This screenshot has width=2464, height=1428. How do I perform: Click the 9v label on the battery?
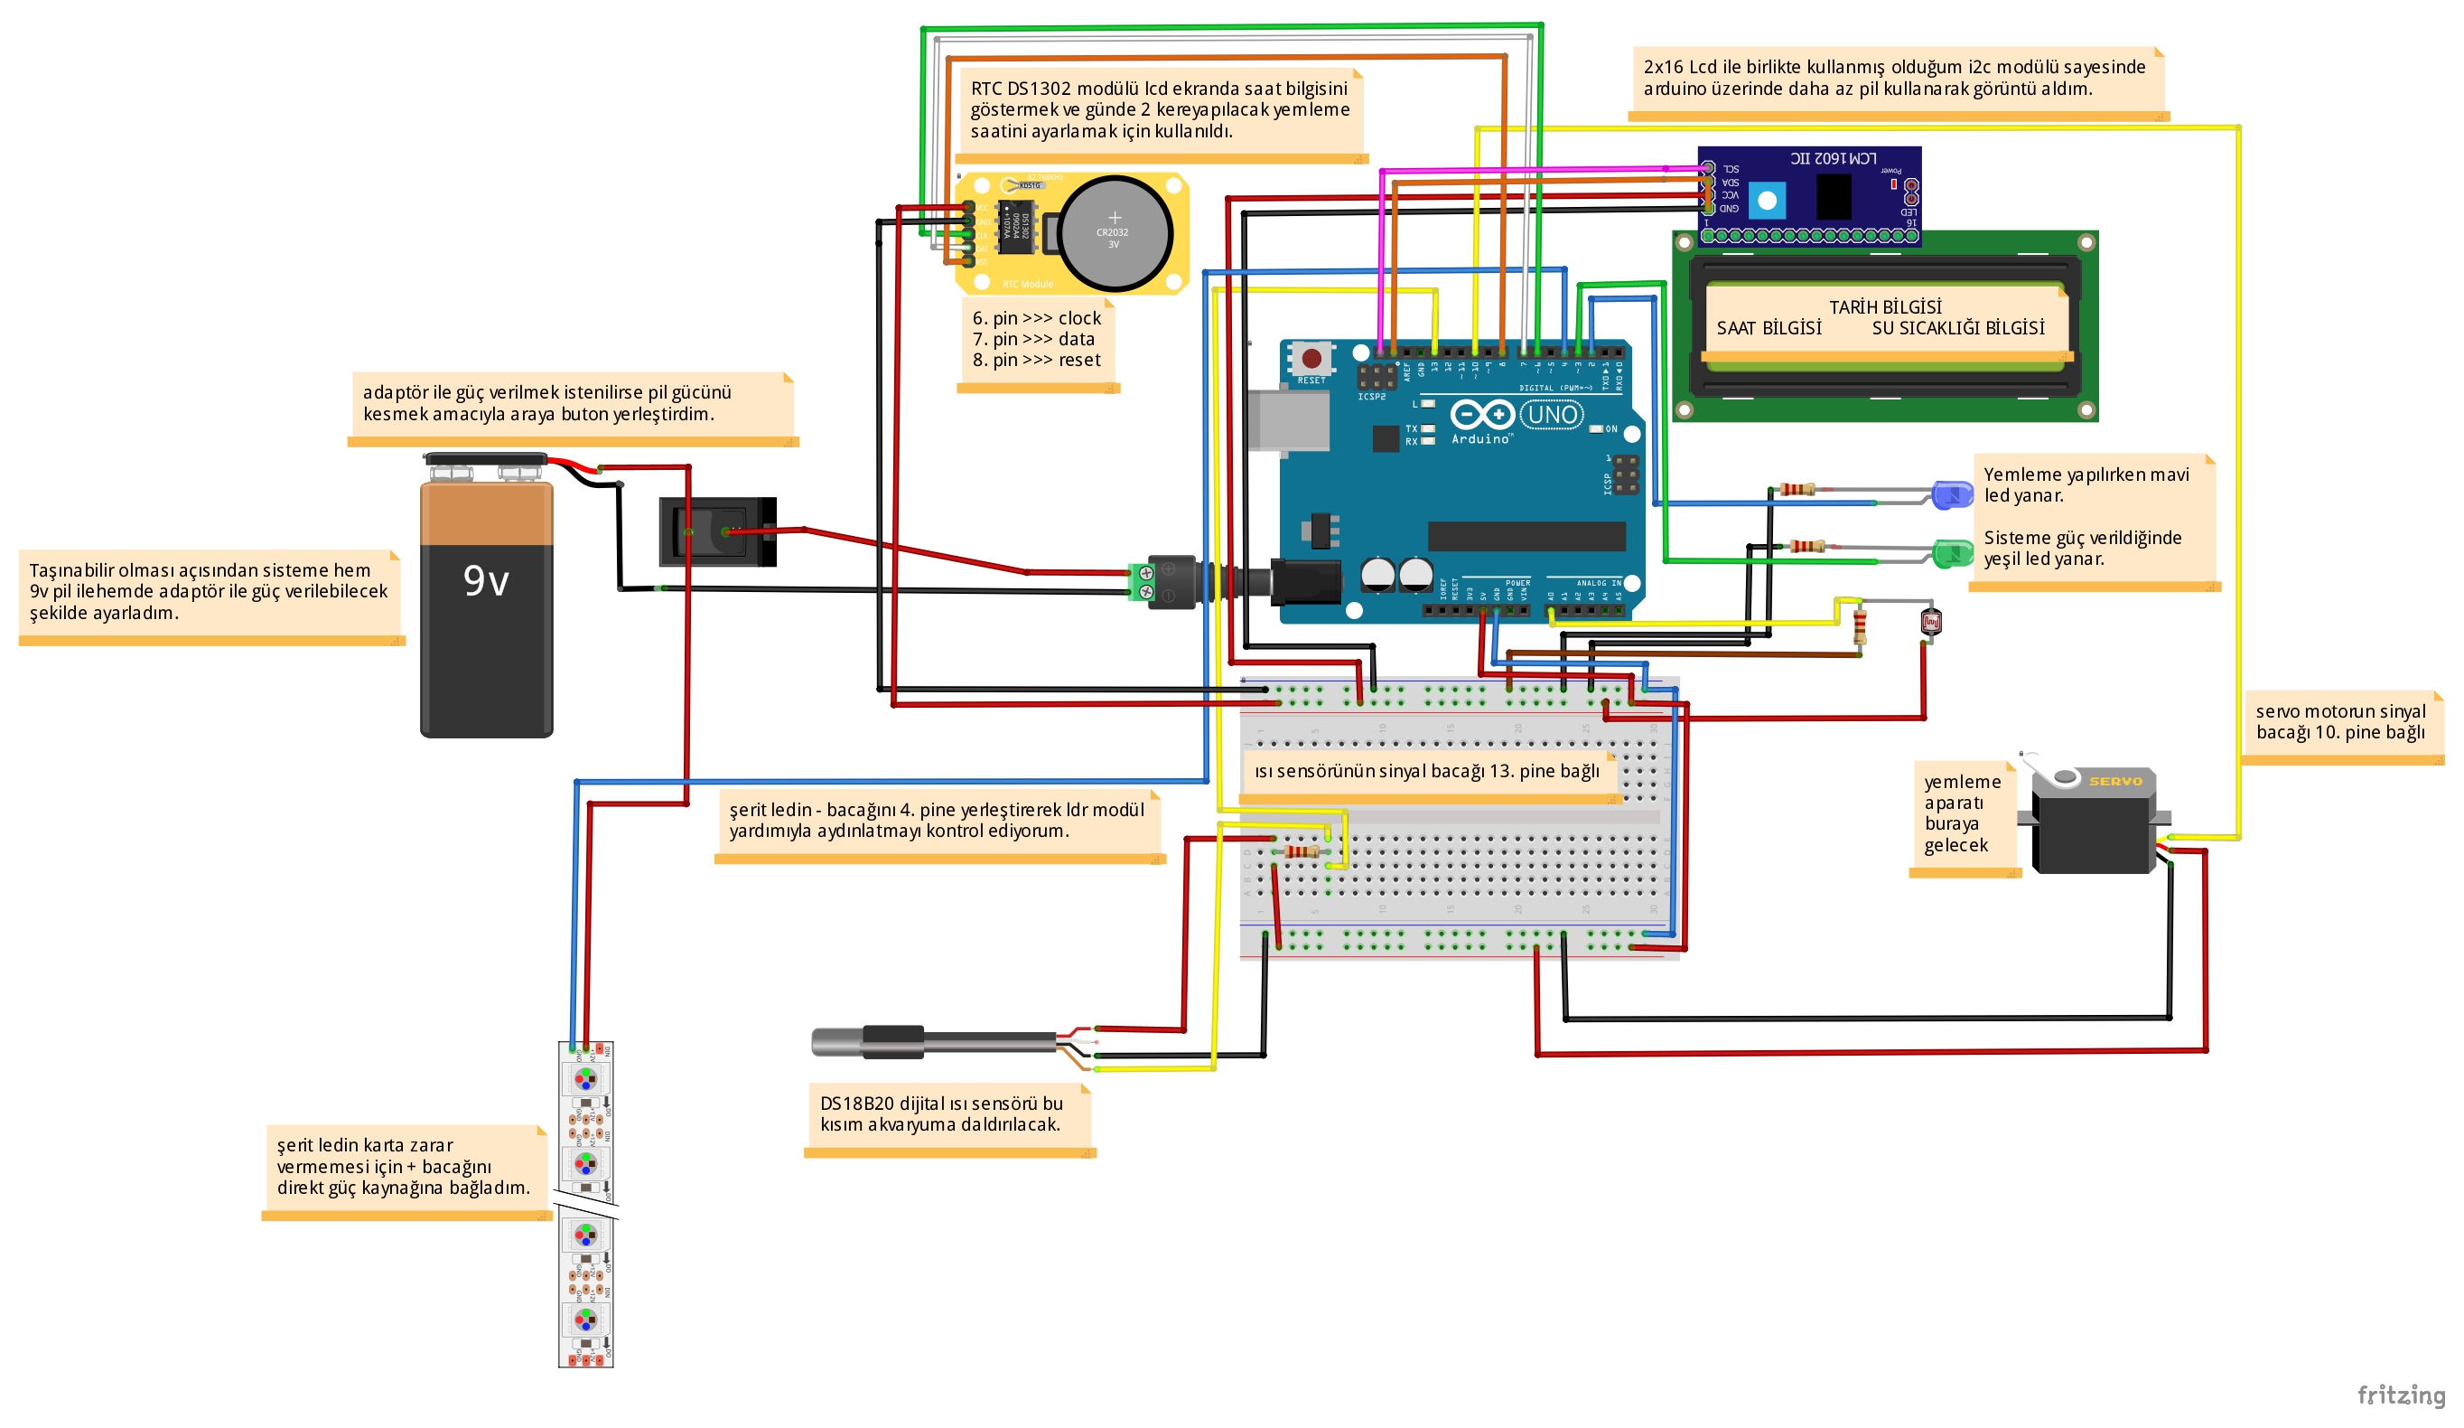(x=486, y=581)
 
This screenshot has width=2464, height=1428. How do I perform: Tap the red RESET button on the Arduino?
(x=1311, y=359)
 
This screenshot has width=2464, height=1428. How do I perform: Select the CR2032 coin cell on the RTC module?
(x=1114, y=233)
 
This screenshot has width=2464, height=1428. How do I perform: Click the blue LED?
(x=1953, y=495)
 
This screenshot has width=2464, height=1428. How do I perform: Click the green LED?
(x=1953, y=554)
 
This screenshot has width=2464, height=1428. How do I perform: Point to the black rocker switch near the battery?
(x=717, y=531)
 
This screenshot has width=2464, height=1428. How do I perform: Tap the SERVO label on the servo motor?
(x=2115, y=781)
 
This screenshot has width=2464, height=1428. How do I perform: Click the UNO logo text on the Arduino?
(x=1553, y=415)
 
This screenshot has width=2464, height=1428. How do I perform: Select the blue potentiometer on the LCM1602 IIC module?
(x=1767, y=202)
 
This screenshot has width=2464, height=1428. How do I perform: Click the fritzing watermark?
(x=2401, y=1394)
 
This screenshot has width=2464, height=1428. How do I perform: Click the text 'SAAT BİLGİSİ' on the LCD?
(x=1769, y=329)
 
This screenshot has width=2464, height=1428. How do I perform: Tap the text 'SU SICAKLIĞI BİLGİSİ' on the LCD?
(x=1957, y=329)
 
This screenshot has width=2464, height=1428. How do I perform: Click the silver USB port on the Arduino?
(x=1288, y=420)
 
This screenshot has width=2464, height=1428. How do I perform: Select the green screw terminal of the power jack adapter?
(x=1141, y=582)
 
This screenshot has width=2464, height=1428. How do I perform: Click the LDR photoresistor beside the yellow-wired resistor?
(x=1930, y=622)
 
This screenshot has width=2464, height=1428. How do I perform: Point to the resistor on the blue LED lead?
(x=1797, y=489)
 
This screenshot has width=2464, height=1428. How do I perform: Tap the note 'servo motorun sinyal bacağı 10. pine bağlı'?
(x=2340, y=722)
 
